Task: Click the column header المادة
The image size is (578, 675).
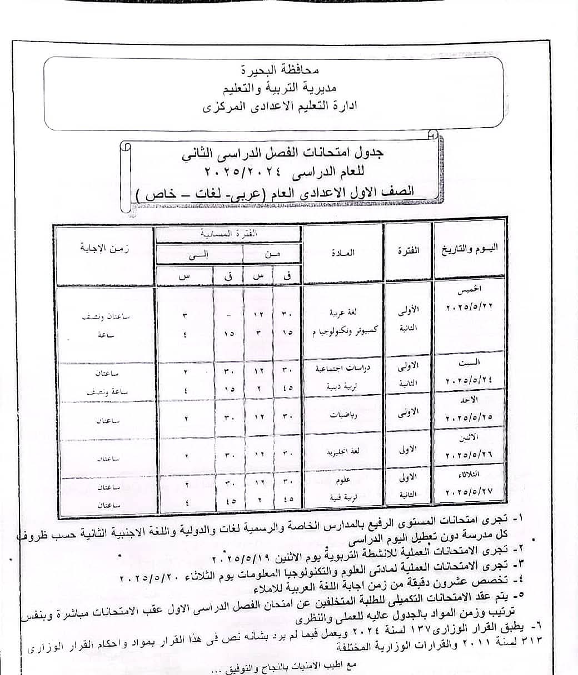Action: (x=343, y=253)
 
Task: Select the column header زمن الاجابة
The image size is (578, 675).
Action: (x=104, y=248)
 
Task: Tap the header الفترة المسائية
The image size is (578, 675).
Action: (x=229, y=234)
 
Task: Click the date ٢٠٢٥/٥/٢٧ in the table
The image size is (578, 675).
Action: (x=469, y=492)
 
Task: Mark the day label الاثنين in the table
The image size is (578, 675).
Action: (x=469, y=439)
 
